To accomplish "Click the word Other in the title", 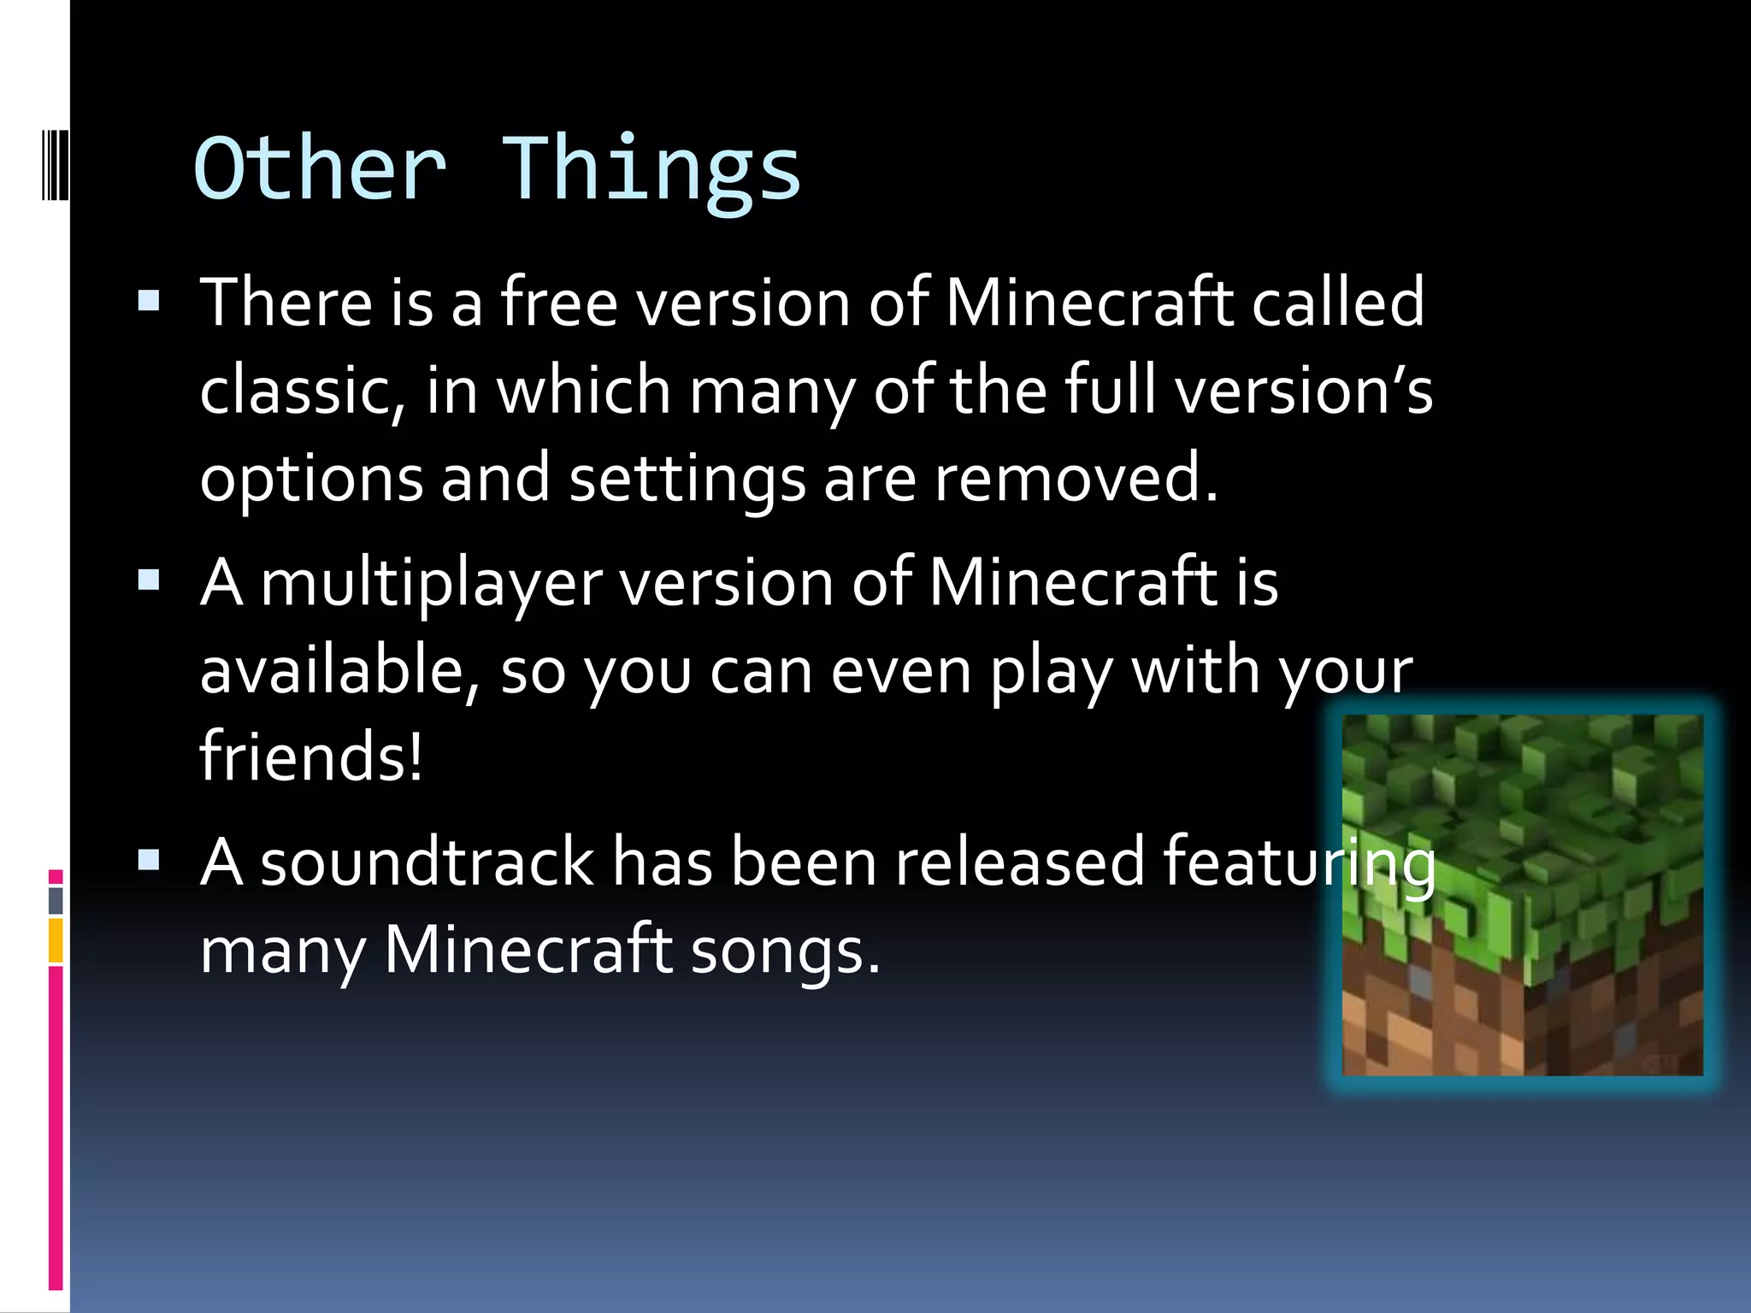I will (x=320, y=168).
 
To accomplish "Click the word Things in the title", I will (x=651, y=168).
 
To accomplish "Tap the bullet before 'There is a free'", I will (x=149, y=300).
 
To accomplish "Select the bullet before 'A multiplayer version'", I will (x=149, y=581).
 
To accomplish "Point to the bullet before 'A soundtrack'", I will (x=149, y=860).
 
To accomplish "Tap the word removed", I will (x=1076, y=479).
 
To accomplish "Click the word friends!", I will (x=311, y=756).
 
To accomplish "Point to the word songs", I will (x=785, y=951).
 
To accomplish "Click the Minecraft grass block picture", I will (x=1522, y=894).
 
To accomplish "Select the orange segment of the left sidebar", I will (x=56, y=940).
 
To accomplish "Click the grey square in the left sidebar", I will (x=56, y=900).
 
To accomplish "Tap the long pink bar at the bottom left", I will (x=56, y=1128).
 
